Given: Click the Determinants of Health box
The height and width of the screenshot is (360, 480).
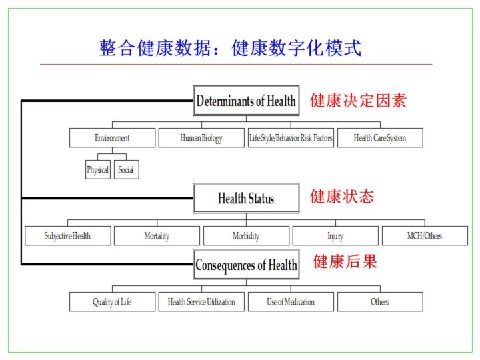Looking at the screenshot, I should pos(246,101).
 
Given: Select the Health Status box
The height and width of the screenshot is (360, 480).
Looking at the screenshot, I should pos(246,198).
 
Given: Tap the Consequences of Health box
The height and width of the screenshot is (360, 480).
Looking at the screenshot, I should pos(246,265).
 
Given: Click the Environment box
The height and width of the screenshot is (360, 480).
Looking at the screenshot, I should pos(112,138).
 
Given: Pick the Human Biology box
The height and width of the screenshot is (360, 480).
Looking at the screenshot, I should pos(201,138).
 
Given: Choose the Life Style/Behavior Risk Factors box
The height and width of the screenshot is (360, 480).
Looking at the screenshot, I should pos(291,138).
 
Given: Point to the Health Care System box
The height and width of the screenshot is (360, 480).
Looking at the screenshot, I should pos(380,138).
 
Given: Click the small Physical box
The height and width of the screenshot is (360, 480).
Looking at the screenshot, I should pos(97,170).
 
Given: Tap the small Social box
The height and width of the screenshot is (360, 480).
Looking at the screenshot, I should pos(126,170).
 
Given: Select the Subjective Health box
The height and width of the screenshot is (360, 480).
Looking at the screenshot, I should pos(68,236).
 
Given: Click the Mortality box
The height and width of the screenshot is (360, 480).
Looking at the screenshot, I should pos(157,236).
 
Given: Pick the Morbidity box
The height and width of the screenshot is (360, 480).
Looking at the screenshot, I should pos(246,236).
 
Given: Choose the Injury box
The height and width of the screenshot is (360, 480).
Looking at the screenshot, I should pos(335,236).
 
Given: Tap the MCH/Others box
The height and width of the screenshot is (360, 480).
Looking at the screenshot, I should pos(425,236).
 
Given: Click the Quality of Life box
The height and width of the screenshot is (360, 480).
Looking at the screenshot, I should pos(112,302).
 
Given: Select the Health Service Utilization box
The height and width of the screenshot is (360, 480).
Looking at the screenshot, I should pos(201,302).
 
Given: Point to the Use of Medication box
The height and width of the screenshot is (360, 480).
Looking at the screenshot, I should pos(291,302).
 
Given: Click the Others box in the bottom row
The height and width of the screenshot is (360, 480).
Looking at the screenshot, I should pos(380,302).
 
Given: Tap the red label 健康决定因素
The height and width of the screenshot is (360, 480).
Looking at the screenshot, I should pos(358,101).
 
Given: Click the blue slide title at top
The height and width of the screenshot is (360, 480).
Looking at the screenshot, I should pos(230,48).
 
